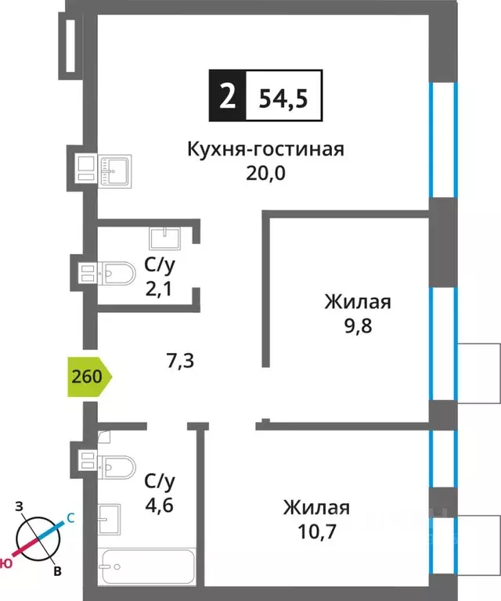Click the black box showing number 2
[227, 97]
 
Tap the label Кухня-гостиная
[265, 149]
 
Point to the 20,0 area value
[265, 172]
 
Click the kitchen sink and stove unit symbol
[103, 168]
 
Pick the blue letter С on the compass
[70, 517]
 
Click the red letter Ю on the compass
[6, 563]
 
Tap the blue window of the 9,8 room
[443, 344]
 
